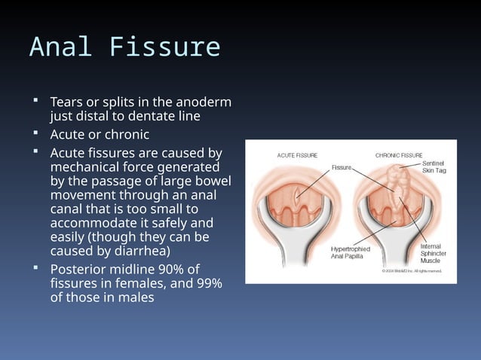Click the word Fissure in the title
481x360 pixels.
click(x=165, y=47)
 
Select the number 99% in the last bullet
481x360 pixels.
click(x=203, y=283)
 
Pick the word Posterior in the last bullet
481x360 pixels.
click(x=78, y=269)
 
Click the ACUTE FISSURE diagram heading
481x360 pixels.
click(x=296, y=155)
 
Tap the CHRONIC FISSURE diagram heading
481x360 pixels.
click(x=399, y=155)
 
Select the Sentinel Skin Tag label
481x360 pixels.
click(x=434, y=166)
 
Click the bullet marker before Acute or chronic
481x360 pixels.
click(x=35, y=135)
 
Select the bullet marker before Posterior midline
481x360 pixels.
click(x=35, y=268)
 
